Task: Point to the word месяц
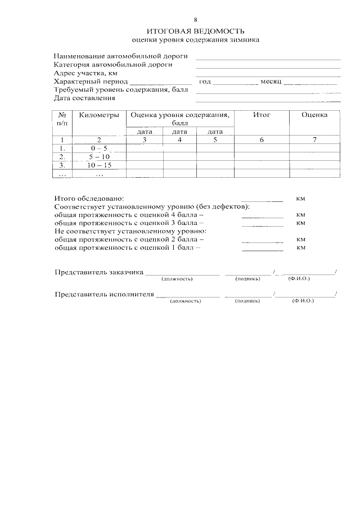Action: click(x=271, y=82)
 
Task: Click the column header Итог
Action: click(x=262, y=115)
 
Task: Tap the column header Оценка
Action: click(x=314, y=115)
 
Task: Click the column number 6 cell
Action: click(x=262, y=139)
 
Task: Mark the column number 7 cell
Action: click(x=314, y=139)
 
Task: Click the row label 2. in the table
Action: click(x=62, y=157)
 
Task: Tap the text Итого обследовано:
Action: click(x=88, y=199)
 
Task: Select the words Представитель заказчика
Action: click(x=98, y=272)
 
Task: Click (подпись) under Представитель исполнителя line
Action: click(x=247, y=301)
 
